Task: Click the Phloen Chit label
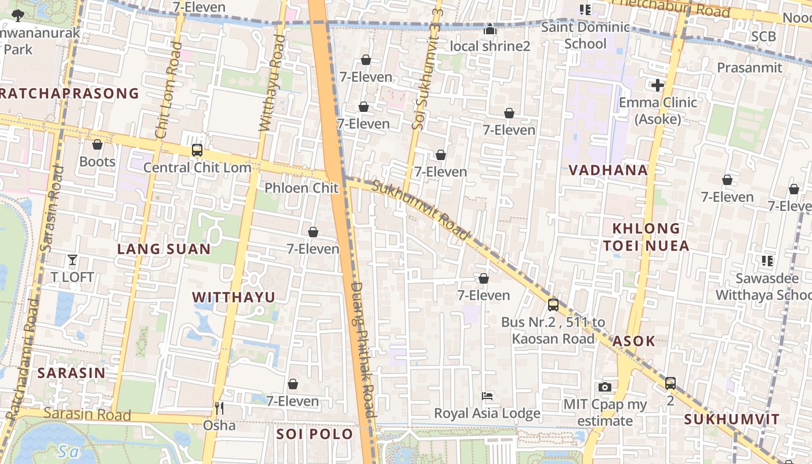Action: point(301,188)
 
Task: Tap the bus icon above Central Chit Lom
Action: point(197,150)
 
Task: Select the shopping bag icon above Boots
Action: point(97,144)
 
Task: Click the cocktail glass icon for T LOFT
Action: point(72,259)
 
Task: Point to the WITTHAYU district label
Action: point(234,298)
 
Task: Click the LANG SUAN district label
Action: point(164,249)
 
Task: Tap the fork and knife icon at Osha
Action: point(219,408)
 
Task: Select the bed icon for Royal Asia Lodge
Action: point(488,396)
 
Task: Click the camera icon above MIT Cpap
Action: point(605,387)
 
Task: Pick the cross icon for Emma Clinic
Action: point(657,86)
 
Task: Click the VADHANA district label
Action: point(608,170)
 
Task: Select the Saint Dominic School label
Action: point(585,35)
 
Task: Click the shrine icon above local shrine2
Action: point(491,29)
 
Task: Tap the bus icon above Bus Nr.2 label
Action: point(553,304)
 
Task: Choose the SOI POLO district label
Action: point(314,434)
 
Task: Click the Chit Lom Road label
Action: point(168,90)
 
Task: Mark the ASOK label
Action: point(633,341)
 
